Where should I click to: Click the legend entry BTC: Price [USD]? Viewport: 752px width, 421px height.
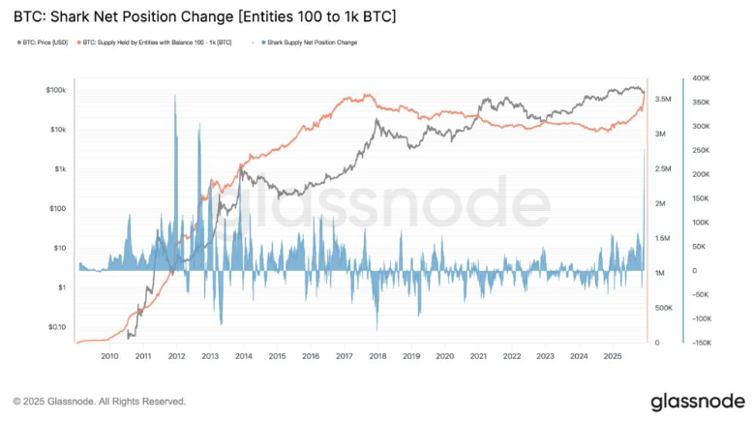[46, 43]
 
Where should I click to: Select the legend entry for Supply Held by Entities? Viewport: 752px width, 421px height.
[161, 43]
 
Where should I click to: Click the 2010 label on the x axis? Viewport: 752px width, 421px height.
[109, 356]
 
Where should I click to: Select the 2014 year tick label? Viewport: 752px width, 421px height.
[243, 356]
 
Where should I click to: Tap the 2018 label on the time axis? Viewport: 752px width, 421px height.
[377, 356]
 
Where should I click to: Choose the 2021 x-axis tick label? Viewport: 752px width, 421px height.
[478, 356]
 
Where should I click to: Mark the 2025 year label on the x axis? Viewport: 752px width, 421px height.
[612, 356]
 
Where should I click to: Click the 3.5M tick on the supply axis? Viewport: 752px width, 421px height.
[664, 99]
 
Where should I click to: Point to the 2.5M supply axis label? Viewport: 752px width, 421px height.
[664, 168]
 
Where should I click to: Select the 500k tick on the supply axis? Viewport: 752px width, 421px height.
[664, 308]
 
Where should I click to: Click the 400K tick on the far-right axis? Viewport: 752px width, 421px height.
[703, 78]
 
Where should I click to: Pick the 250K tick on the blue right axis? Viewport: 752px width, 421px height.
[703, 150]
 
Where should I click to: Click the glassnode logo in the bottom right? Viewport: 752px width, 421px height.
[697, 400]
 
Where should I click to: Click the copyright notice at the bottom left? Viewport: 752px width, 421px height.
[99, 401]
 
